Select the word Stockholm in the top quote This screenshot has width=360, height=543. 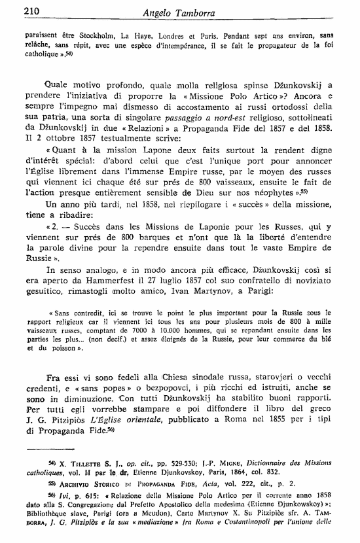pyautogui.click(x=85, y=31)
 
